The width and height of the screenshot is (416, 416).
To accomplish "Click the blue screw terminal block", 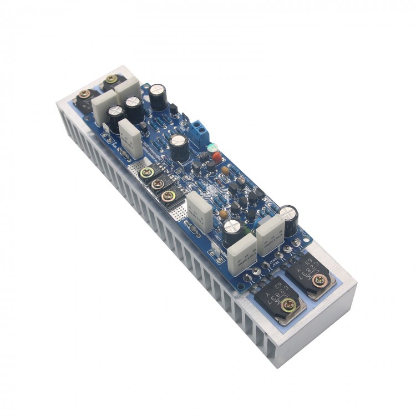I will point(198,130).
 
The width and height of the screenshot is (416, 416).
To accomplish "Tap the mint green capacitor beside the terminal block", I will point(211,149).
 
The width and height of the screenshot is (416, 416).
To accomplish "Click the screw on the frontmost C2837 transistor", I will point(288,303).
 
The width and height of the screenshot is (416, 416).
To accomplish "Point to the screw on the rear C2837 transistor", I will point(317,281).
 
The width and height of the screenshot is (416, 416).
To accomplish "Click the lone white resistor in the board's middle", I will point(198,211).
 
